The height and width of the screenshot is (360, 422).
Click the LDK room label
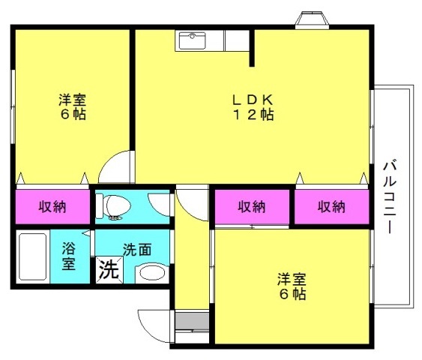pyautogui.click(x=253, y=100)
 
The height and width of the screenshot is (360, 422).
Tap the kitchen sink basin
pyautogui.click(x=192, y=40)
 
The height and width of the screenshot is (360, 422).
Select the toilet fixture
pyautogui.click(x=114, y=206)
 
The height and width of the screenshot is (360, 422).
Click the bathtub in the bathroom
pyautogui.click(x=33, y=256)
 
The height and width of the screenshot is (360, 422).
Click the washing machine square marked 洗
pyautogui.click(x=109, y=270)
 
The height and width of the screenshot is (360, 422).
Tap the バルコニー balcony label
pyautogui.click(x=391, y=197)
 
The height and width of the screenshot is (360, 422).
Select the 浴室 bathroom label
pyautogui.click(x=69, y=256)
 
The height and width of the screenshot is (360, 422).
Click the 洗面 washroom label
pyautogui.click(x=137, y=250)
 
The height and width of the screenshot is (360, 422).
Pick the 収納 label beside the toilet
pyautogui.click(x=52, y=207)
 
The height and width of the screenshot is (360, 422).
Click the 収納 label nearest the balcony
pyautogui.click(x=331, y=207)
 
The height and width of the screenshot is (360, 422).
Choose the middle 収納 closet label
pyautogui.click(x=252, y=207)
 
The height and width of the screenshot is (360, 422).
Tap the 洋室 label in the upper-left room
pyautogui.click(x=73, y=100)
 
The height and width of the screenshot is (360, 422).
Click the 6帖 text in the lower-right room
pyautogui.click(x=292, y=294)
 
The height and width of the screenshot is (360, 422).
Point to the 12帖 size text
pyautogui.click(x=253, y=115)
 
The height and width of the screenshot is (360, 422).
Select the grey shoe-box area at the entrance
pyautogui.click(x=192, y=321)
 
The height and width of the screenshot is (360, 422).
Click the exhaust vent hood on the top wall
pyautogui.click(x=312, y=20)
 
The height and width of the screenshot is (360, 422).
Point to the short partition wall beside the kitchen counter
pyautogui.click(x=252, y=48)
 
